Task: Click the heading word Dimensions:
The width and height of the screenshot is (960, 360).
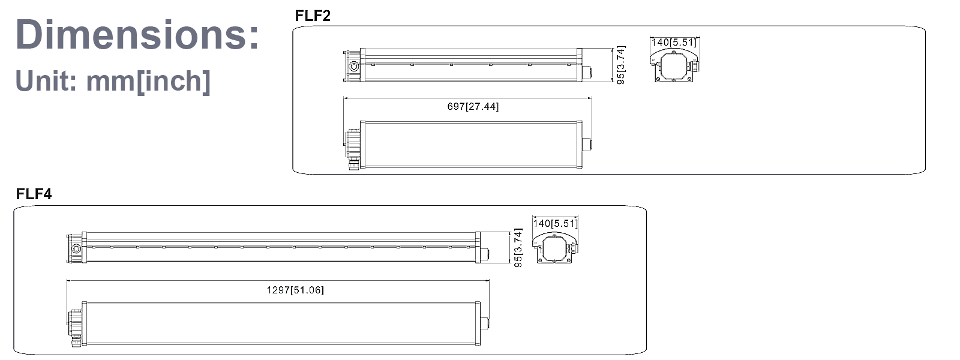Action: tap(137, 34)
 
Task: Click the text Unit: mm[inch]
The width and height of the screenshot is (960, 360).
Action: tap(113, 81)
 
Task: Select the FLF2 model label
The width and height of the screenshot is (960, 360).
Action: tap(313, 16)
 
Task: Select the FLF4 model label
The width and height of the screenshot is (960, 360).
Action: tap(34, 194)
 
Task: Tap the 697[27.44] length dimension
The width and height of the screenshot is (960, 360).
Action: tap(473, 106)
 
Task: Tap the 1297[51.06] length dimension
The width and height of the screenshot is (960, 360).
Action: tap(295, 290)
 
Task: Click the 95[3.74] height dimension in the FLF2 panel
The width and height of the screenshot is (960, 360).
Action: tap(620, 65)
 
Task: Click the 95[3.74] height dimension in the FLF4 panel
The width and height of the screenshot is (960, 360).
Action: tap(519, 247)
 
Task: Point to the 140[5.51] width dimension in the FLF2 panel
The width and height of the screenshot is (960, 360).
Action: tap(674, 42)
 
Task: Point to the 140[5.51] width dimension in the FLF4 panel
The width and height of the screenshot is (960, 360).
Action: tap(555, 223)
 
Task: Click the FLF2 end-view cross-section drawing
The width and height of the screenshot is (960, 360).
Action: tap(675, 65)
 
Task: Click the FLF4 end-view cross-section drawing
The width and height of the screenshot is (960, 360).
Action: tap(556, 247)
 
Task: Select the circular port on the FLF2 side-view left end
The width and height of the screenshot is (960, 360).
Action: tap(354, 66)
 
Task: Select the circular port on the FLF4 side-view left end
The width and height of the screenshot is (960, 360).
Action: tap(76, 248)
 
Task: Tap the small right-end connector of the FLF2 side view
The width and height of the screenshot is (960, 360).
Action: tap(587, 72)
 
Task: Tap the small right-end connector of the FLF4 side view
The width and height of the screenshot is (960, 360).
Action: tap(485, 254)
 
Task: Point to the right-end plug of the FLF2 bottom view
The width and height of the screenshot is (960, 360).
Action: tap(586, 145)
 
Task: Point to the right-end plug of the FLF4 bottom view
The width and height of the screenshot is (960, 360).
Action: tap(485, 324)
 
